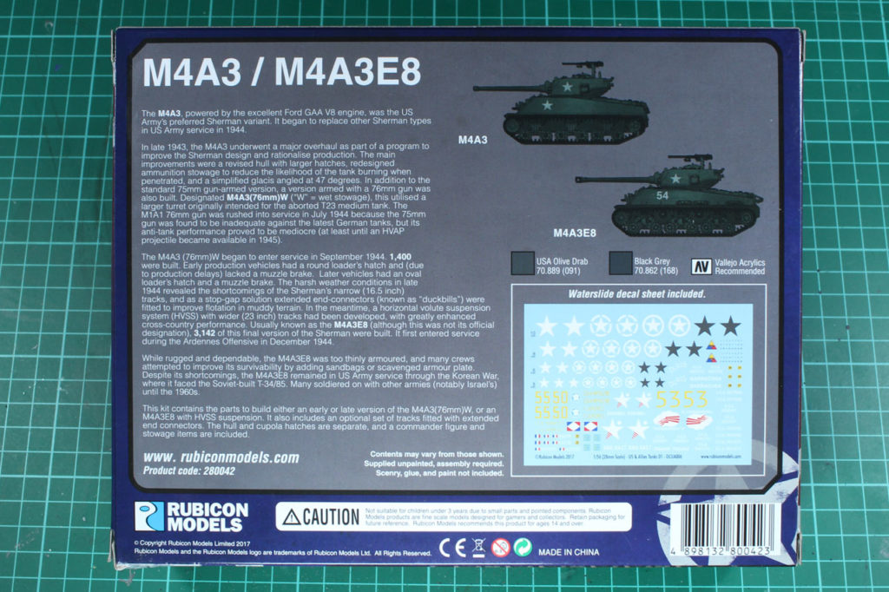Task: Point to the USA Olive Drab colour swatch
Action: coord(523,263)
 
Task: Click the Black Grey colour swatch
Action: coord(620,263)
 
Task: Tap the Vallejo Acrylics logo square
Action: coord(701,266)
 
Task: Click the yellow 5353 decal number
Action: coord(683,399)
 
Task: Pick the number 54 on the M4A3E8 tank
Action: coord(662,197)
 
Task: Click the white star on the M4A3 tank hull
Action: coord(548,105)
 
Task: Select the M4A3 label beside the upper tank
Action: coord(473,139)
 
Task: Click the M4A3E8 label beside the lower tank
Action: coord(575,233)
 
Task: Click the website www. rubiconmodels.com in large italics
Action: coord(221,457)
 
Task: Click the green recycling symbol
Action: coord(522,547)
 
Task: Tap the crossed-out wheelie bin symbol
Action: coord(477,547)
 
